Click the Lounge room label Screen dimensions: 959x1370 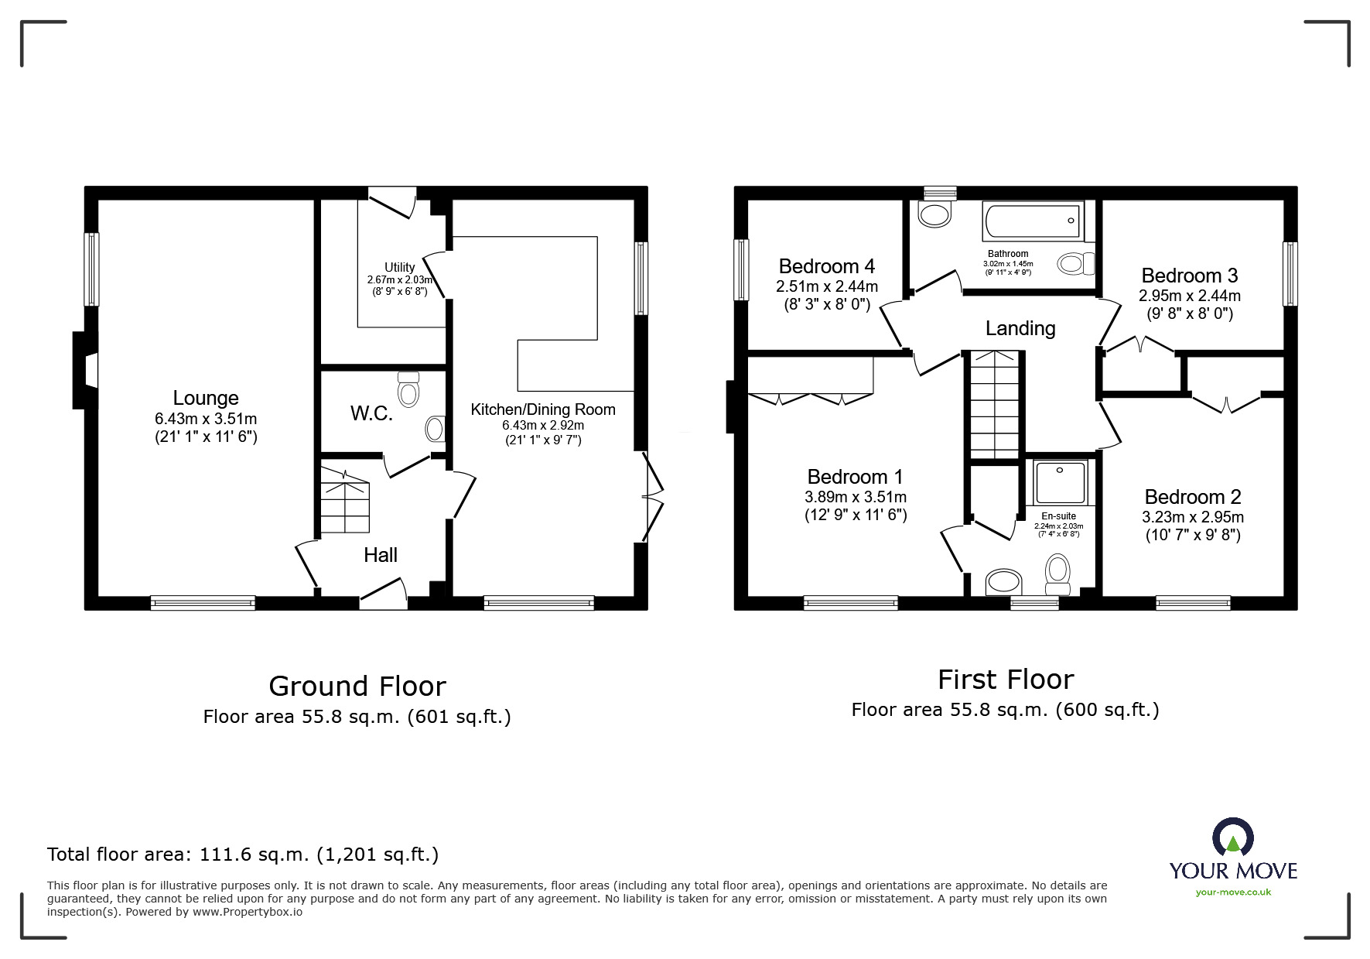point(205,398)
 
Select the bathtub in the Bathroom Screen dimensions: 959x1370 point(1032,221)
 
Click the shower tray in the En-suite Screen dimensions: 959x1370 point(1061,482)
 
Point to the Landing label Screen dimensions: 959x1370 point(1020,328)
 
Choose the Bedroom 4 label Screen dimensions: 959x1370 point(826,266)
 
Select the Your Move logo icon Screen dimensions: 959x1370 point(1232,838)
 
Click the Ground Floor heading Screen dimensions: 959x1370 point(357,687)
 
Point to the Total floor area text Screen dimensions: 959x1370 point(243,855)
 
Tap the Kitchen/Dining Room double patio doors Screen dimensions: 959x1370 point(651,496)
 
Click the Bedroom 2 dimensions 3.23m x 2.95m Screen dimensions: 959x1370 point(1192,517)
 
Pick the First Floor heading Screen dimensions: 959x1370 point(1005,680)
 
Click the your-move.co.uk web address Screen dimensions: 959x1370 point(1233,892)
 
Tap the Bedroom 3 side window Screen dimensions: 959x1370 point(1289,274)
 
